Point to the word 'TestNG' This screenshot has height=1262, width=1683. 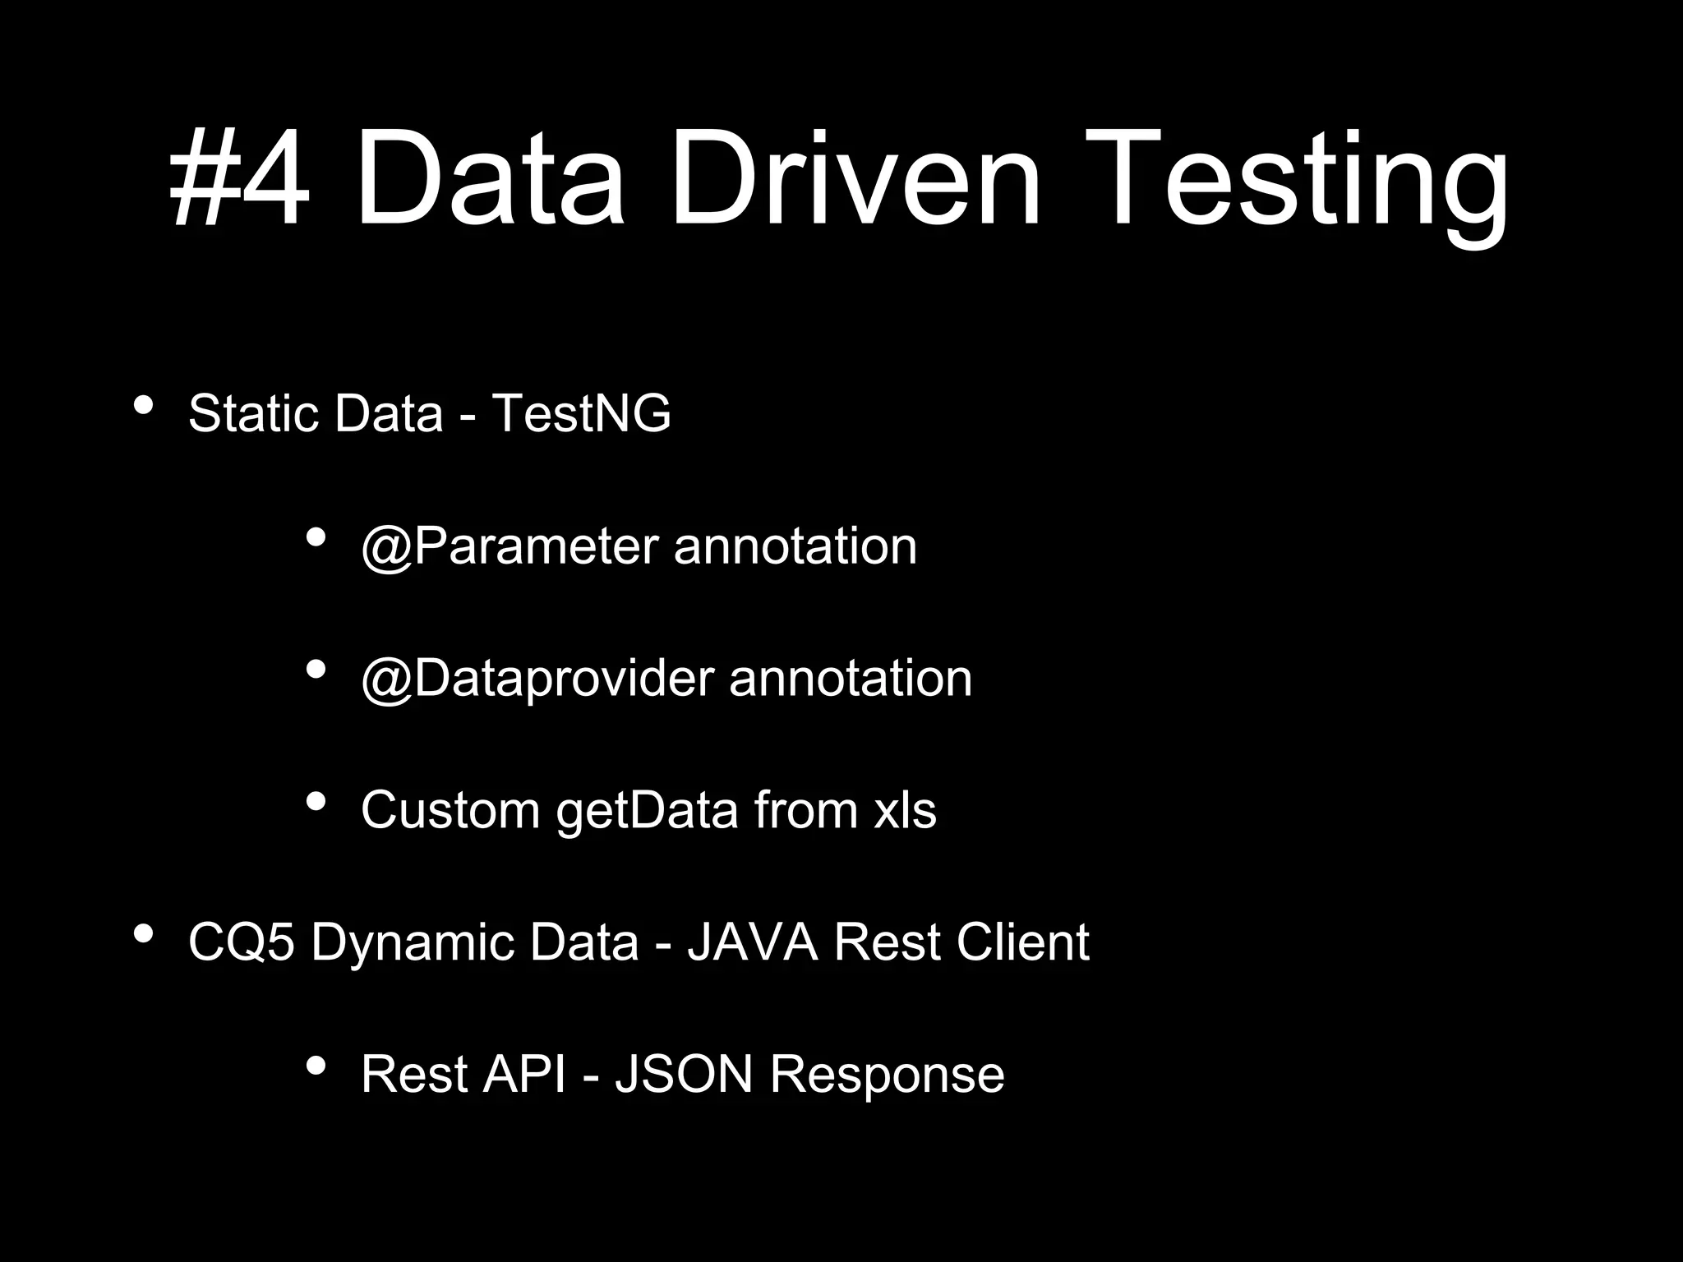pos(581,412)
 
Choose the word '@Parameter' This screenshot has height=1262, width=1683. pos(510,546)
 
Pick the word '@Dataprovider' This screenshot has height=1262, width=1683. pos(537,679)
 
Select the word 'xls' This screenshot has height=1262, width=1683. pos(904,810)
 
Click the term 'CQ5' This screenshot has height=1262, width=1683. pos(242,942)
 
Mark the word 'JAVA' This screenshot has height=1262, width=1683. pos(753,942)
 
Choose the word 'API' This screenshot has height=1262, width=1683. pos(524,1074)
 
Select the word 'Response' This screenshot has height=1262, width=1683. pos(887,1075)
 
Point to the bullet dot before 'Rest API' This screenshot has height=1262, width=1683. pos(316,1066)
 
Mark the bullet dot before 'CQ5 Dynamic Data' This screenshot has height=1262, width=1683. pos(143,934)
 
